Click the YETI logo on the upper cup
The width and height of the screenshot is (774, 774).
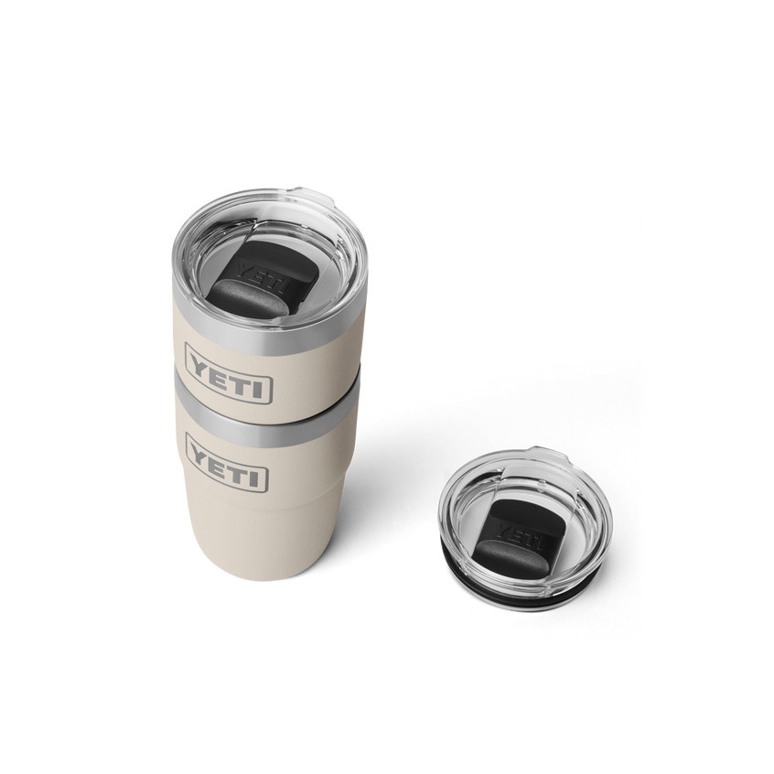tap(229, 373)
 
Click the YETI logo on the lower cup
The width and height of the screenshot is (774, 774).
tap(227, 461)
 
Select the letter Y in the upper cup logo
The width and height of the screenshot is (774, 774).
tap(201, 366)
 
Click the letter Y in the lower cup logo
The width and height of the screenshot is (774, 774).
tap(200, 453)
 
